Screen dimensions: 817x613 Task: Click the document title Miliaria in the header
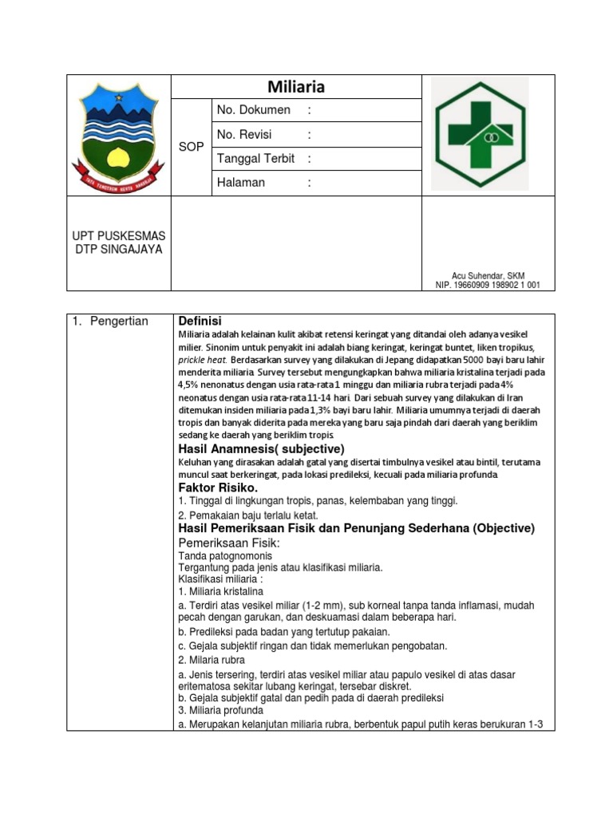pyautogui.click(x=295, y=87)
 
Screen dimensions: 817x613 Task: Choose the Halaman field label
pyautogui.click(x=240, y=183)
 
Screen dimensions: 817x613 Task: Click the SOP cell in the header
pyautogui.click(x=191, y=147)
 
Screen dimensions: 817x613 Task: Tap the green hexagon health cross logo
pyautogui.click(x=479, y=134)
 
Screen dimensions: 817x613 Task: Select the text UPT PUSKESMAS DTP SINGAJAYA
pyautogui.click(x=118, y=243)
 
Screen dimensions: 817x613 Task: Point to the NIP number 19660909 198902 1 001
pyautogui.click(x=487, y=285)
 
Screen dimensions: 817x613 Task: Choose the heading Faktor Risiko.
pyautogui.click(x=218, y=487)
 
